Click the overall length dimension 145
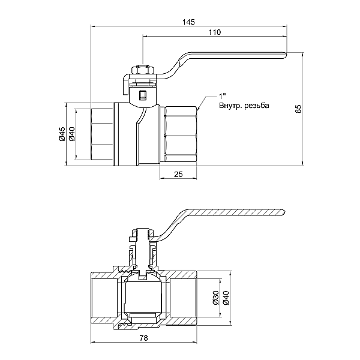coord(188,22)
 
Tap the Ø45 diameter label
coord(62,134)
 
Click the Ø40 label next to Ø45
coord(71,134)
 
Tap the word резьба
coord(258,106)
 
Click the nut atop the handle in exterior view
coord(142,71)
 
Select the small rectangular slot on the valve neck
coord(142,94)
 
